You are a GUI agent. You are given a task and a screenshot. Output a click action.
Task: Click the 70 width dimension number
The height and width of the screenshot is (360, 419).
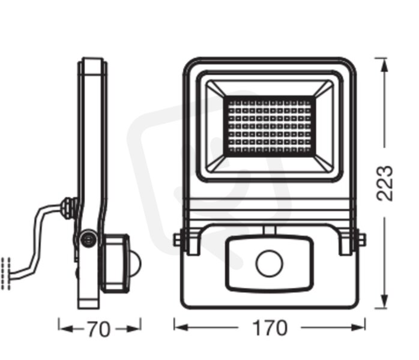[x=98, y=329]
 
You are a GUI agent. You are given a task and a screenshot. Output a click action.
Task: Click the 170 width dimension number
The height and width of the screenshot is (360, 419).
[x=270, y=328]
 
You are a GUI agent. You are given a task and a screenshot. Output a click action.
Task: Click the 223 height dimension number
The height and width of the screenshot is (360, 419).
[x=385, y=183]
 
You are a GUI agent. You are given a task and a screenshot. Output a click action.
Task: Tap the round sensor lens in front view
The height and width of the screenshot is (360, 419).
[x=269, y=263]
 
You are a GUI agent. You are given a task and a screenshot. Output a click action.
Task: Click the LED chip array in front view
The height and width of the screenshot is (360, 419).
[x=270, y=126]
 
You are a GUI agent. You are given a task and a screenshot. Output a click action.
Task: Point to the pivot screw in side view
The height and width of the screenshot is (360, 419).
[x=88, y=238]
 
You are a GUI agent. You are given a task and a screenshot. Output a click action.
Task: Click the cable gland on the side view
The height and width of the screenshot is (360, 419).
[x=69, y=208]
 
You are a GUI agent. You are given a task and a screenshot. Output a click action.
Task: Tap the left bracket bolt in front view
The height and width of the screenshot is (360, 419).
[x=177, y=239]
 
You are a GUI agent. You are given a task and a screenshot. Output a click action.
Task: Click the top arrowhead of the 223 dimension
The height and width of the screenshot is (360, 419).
[x=384, y=65]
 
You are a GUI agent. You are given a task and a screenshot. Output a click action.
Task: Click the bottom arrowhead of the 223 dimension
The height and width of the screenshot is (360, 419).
[x=384, y=302]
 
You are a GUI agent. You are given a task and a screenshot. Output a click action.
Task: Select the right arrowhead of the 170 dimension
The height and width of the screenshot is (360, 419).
[x=358, y=328]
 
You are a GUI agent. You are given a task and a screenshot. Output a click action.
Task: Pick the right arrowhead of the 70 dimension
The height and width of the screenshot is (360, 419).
[x=133, y=329]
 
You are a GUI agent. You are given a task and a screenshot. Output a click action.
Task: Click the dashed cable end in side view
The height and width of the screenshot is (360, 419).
[x=6, y=273]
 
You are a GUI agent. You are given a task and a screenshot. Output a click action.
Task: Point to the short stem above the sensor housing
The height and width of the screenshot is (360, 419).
[x=269, y=230]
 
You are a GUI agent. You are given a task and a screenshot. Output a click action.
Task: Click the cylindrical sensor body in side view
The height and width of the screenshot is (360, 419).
[x=115, y=263]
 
